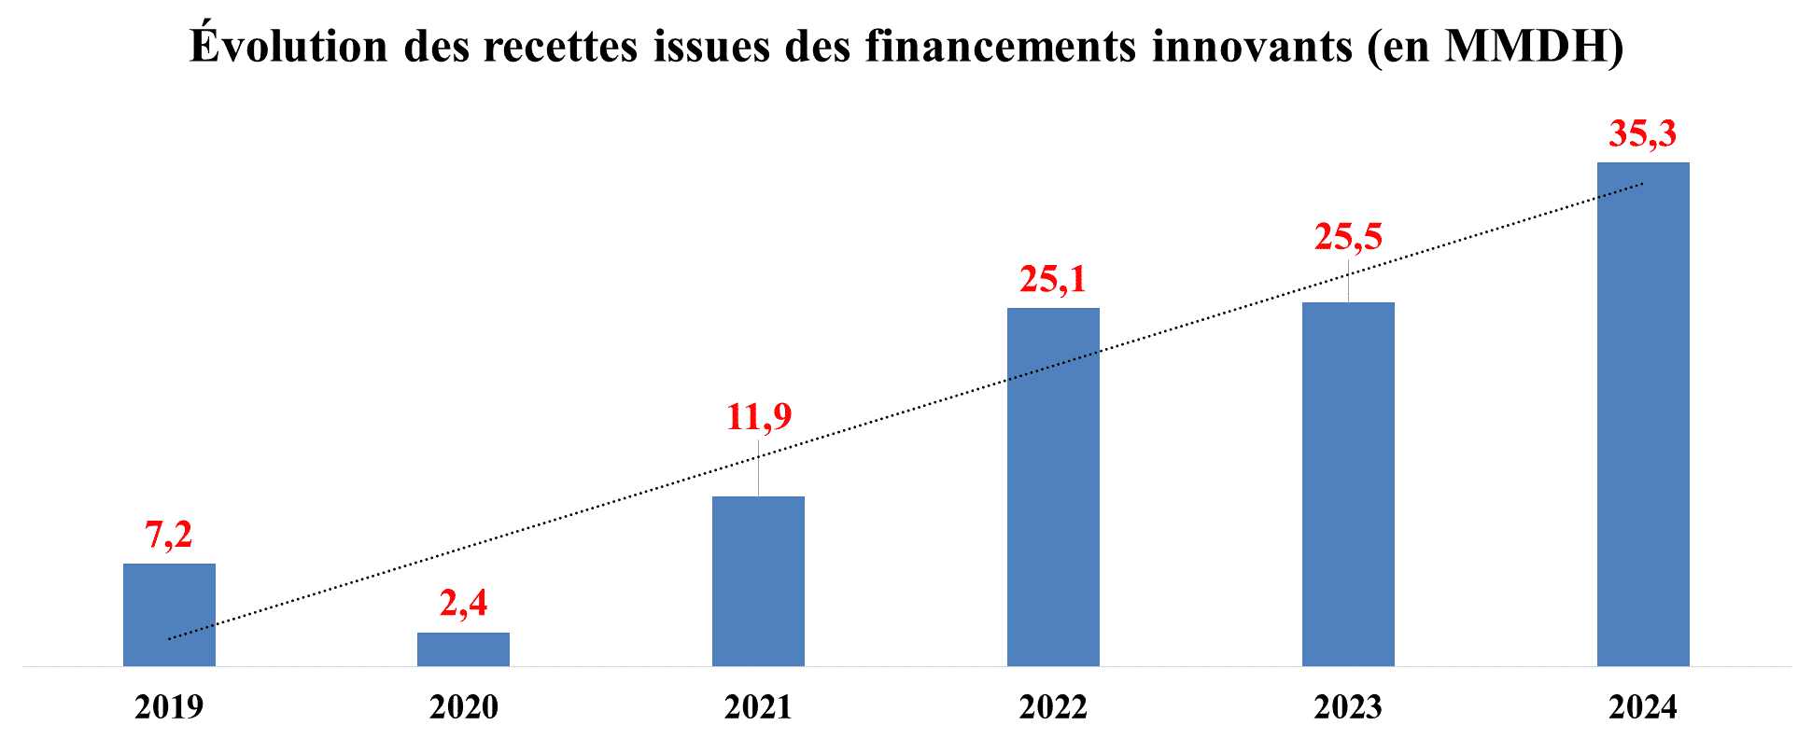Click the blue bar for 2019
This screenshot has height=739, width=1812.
(x=169, y=615)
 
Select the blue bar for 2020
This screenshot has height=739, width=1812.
(x=463, y=649)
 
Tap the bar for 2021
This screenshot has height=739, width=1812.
(x=758, y=580)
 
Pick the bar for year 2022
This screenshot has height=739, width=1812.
(x=1053, y=486)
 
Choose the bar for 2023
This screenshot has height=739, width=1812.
(x=1348, y=483)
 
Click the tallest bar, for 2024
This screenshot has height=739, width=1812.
(x=1643, y=413)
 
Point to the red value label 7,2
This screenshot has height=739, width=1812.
(x=169, y=535)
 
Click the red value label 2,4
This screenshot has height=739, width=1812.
(x=463, y=604)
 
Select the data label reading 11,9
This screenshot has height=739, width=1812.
(x=758, y=416)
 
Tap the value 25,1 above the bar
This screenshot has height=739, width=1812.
(x=1053, y=279)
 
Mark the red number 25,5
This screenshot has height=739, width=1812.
(x=1348, y=237)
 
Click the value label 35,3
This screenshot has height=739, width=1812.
(x=1643, y=134)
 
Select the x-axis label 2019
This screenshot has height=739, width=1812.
(x=169, y=707)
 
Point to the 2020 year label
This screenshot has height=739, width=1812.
(x=463, y=707)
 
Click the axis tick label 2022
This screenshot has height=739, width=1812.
(x=1053, y=707)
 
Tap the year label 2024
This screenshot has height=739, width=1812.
(x=1643, y=707)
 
